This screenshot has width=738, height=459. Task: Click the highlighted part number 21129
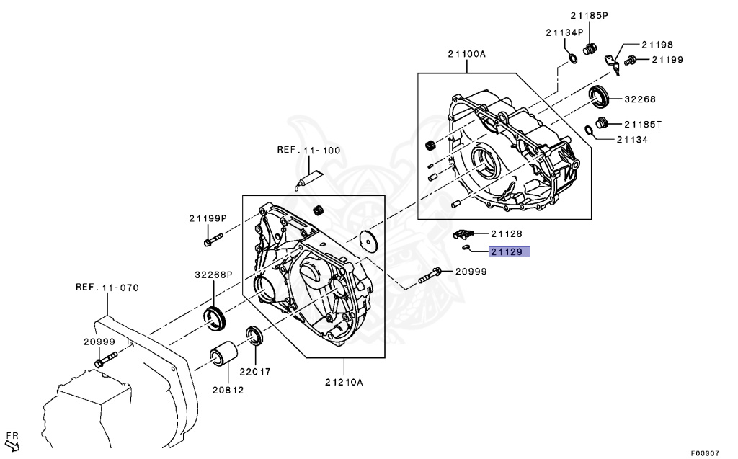pos(510,252)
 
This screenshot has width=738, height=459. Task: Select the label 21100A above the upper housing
pos(466,54)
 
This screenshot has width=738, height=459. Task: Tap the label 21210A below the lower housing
pos(344,382)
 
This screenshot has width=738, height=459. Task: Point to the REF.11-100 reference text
pos(308,151)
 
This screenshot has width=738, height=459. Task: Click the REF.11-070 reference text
pos(107,288)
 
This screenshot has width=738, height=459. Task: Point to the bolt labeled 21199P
pos(210,239)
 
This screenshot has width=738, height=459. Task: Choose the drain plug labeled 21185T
pos(603,123)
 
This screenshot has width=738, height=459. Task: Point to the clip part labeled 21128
pos(462,233)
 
